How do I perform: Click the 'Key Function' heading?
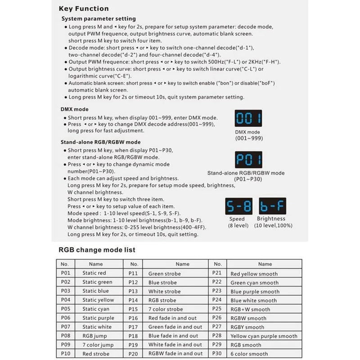[x=84, y=9]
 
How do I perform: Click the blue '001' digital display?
[x=248, y=119]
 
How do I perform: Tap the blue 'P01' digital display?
[x=248, y=160]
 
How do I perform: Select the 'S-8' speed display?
[x=238, y=207]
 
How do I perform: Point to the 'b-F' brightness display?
[x=272, y=207]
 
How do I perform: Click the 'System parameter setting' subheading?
[x=98, y=19]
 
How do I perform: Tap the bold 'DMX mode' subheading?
[x=74, y=109]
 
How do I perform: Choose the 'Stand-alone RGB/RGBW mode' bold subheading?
[x=100, y=142]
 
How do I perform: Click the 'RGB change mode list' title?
[x=97, y=250]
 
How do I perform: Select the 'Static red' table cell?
[x=94, y=273]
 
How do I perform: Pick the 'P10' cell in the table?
[x=65, y=354]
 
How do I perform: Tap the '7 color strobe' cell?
[x=166, y=309]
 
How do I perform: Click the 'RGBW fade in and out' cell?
[x=175, y=354]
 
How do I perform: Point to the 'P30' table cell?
[x=218, y=354]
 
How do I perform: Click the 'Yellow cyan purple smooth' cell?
[x=264, y=336]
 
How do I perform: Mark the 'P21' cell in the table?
[x=218, y=273]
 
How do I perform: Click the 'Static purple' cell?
[x=98, y=318]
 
